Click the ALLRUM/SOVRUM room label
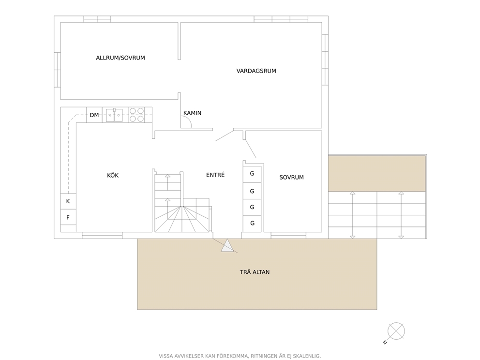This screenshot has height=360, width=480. click(120, 58)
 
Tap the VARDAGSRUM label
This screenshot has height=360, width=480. click(256, 71)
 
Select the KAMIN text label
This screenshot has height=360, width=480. click(192, 113)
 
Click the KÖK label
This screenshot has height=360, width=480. click(113, 176)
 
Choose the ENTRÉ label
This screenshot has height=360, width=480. click(215, 175)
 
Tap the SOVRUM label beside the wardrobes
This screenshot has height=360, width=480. click(291, 177)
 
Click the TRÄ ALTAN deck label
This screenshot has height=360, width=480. click(255, 272)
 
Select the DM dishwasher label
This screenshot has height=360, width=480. click(94, 115)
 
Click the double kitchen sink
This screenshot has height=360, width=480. click(114, 115)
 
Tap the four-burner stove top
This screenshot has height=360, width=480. click(136, 115)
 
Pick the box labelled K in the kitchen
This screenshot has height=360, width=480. click(68, 201)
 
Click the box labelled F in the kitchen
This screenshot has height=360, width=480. click(68, 217)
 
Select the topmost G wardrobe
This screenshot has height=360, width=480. click(252, 174)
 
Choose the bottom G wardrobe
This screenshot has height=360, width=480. click(252, 224)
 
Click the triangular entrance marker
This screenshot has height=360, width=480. click(227, 246)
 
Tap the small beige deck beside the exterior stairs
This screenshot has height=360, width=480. click(377, 173)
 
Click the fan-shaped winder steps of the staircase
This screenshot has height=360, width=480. click(182, 219)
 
